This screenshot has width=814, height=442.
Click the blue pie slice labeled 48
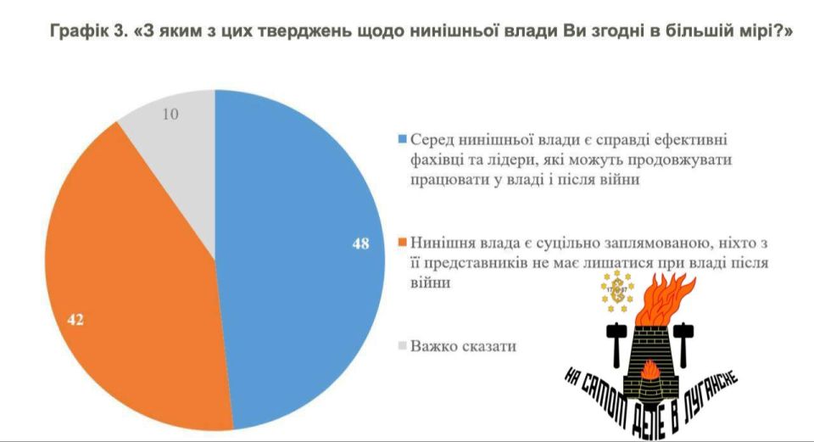point(297,255)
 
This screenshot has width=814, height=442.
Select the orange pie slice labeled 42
point(127,280)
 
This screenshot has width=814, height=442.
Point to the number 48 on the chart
point(360,243)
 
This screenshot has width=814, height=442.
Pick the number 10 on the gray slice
point(170,114)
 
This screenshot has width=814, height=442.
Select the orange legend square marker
point(401,243)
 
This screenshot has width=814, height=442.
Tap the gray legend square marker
point(401,346)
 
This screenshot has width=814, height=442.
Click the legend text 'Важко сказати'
point(462,346)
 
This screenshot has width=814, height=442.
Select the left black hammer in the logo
point(614,338)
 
